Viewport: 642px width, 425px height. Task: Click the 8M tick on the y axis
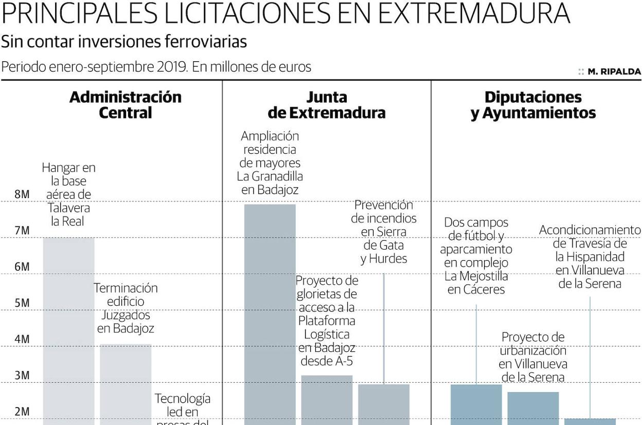(x=22, y=194)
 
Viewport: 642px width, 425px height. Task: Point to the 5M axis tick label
(x=22, y=303)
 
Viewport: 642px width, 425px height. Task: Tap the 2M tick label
(x=22, y=412)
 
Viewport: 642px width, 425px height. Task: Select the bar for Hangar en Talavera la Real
(x=68, y=329)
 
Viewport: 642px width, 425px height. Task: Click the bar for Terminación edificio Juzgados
(x=126, y=383)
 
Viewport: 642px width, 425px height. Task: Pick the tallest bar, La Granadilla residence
(x=270, y=314)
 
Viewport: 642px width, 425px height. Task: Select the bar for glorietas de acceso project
(x=327, y=400)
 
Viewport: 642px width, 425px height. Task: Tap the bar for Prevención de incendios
(x=384, y=404)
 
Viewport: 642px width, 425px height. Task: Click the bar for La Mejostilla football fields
(x=476, y=404)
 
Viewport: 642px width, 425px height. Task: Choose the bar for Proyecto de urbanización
(x=533, y=408)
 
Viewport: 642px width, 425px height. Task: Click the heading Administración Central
(x=126, y=104)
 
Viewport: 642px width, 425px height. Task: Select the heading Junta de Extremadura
(x=327, y=104)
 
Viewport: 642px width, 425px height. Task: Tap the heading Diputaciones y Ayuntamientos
(x=533, y=104)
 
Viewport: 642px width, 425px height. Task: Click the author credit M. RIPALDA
(x=614, y=72)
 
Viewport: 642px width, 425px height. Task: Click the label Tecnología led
(x=183, y=405)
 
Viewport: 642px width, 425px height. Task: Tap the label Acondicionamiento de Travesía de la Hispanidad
(x=590, y=256)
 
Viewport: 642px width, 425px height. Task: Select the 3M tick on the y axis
(x=22, y=376)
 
